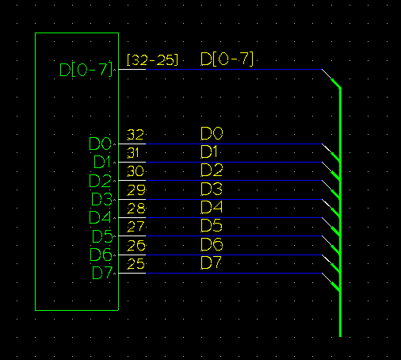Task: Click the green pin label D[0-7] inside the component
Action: tap(86, 70)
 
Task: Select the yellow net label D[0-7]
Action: tap(227, 59)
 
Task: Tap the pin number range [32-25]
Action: tap(152, 60)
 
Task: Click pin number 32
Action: tap(136, 135)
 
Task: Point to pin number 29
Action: tap(136, 190)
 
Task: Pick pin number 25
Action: tap(136, 264)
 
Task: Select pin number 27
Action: tap(136, 227)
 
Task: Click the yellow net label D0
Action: tap(212, 133)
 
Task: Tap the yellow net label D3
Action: tap(212, 189)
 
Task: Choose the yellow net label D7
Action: tap(211, 262)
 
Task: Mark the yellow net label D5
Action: tap(212, 225)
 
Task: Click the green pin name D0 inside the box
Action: tap(101, 144)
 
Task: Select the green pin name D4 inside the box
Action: tap(100, 217)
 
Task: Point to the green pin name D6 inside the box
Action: tap(101, 255)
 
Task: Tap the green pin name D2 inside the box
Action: tap(100, 181)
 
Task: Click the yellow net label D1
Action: tap(209, 151)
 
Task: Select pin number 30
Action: tap(136, 171)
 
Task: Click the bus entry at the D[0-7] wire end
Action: tap(331, 79)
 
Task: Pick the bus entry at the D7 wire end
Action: tap(331, 282)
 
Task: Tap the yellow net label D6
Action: tap(212, 244)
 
